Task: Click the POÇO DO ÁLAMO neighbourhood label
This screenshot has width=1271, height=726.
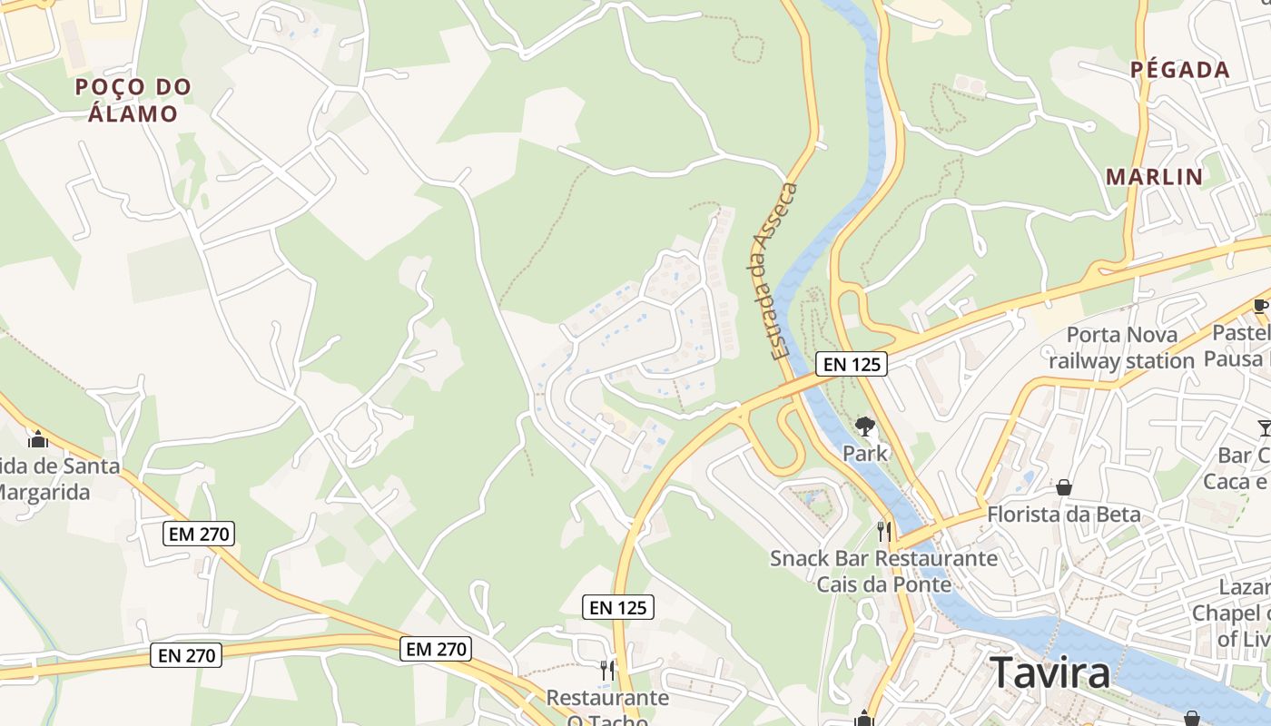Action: click(x=133, y=100)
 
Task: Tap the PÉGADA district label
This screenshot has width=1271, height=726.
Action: click(x=1179, y=70)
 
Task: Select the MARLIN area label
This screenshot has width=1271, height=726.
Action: click(x=1154, y=177)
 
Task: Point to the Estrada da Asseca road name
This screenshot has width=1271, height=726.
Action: click(x=777, y=270)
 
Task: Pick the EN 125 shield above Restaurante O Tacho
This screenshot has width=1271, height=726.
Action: click(x=617, y=607)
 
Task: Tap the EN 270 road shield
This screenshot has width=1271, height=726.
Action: click(x=186, y=653)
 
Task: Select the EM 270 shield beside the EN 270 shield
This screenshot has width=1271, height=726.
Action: click(x=436, y=648)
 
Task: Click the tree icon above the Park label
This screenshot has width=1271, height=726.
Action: click(x=865, y=426)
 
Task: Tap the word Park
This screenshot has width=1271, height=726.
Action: click(x=865, y=452)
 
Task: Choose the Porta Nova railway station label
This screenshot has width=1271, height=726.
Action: click(x=1121, y=348)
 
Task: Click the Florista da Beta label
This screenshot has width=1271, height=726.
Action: click(x=1064, y=515)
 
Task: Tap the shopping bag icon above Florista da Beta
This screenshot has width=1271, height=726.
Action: click(x=1064, y=488)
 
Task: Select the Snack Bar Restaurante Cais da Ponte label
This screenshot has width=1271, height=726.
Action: click(x=883, y=571)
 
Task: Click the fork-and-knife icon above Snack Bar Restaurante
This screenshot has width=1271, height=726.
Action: click(x=883, y=531)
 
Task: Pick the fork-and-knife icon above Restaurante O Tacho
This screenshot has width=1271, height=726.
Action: click(x=607, y=671)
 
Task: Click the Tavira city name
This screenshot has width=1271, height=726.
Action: click(x=1049, y=673)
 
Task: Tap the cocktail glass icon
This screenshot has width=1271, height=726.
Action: click(x=1264, y=427)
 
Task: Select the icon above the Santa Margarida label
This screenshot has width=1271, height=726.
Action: click(x=38, y=439)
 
